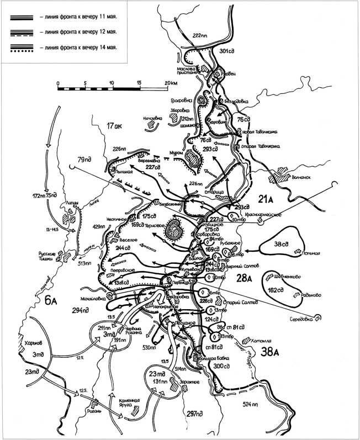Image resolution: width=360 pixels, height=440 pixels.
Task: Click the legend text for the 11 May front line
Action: click(81, 17)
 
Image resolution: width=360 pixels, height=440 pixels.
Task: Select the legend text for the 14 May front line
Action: click(81, 47)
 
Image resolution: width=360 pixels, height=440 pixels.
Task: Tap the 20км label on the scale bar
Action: click(170, 83)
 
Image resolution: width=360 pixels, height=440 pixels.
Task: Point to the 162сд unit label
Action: click(272, 287)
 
